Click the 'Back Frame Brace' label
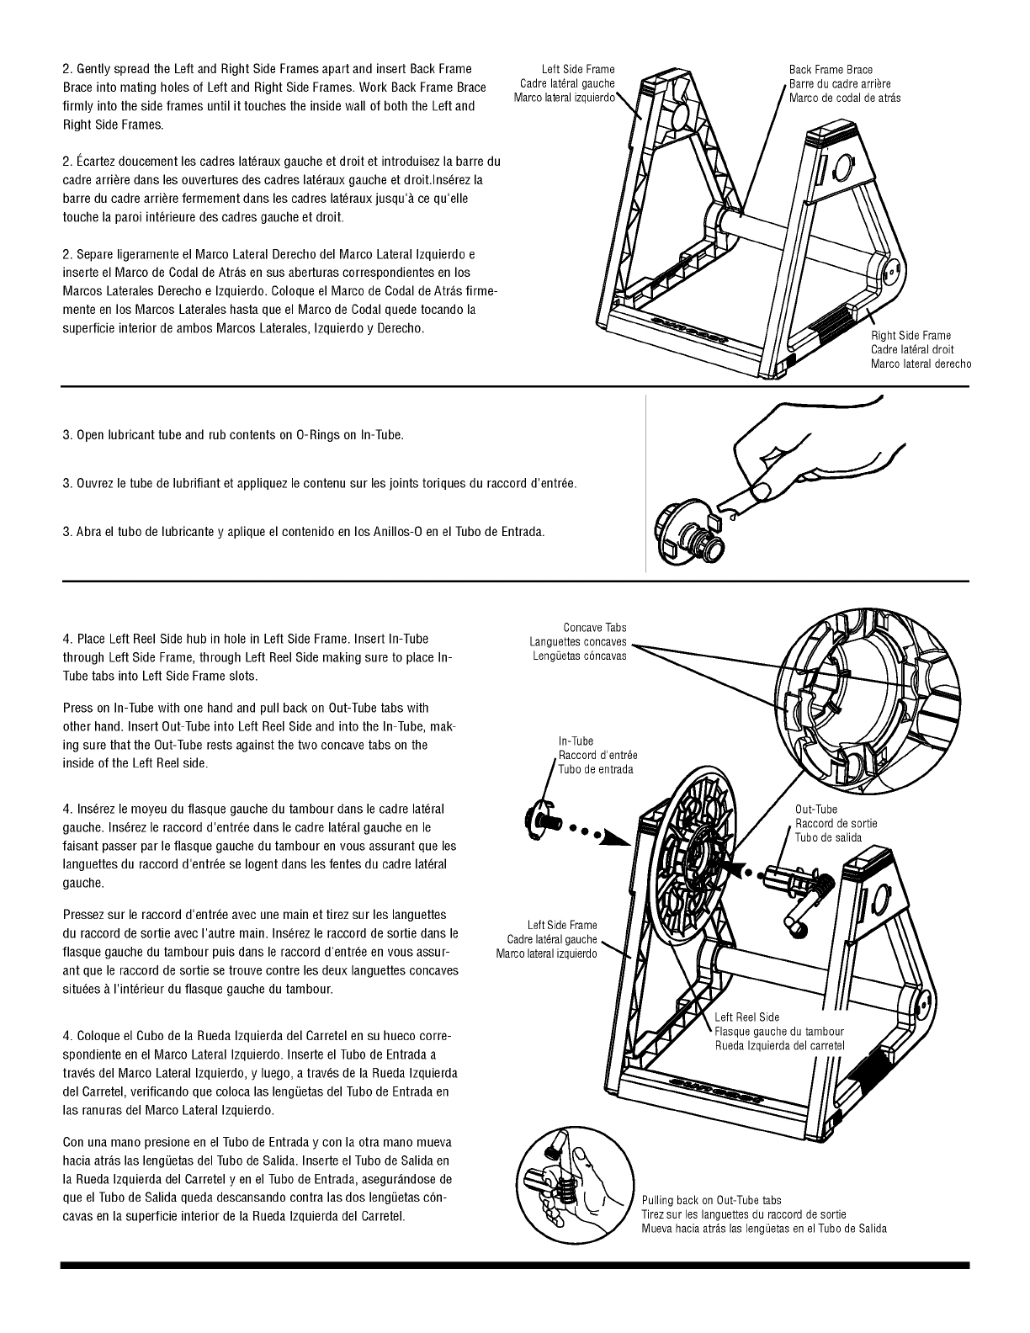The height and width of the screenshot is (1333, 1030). point(831,70)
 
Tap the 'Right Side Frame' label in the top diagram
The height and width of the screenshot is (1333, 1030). point(911,336)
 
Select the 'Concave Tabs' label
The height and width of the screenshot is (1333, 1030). point(595,628)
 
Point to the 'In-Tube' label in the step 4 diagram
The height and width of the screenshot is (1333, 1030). point(576,741)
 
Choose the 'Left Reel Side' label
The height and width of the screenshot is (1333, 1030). point(747,1017)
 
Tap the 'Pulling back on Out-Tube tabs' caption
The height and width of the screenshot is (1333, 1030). point(711,1201)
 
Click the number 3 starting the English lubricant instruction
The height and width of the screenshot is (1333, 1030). point(66,436)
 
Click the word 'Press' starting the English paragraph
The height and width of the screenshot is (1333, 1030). point(78,709)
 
